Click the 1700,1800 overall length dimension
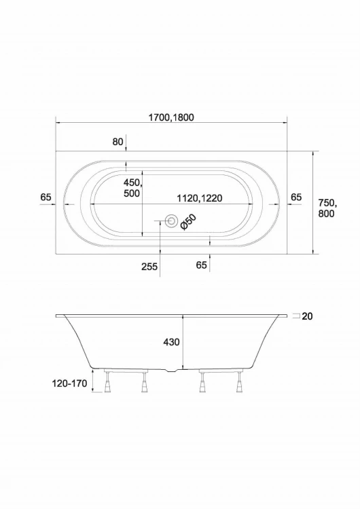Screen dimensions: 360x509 coord(171,117)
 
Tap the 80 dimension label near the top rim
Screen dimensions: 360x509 coord(118,142)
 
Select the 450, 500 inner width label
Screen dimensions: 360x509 coord(132,188)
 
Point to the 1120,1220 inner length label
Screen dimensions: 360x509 coord(200,198)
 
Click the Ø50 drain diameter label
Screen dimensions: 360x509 coord(188,223)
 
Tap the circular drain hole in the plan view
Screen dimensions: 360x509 coord(171,221)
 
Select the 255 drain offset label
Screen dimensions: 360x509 coord(149,267)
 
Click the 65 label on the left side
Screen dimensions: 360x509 coord(46,197)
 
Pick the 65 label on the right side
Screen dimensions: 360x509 coord(296,197)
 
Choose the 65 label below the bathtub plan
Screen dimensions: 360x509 coord(202,265)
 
